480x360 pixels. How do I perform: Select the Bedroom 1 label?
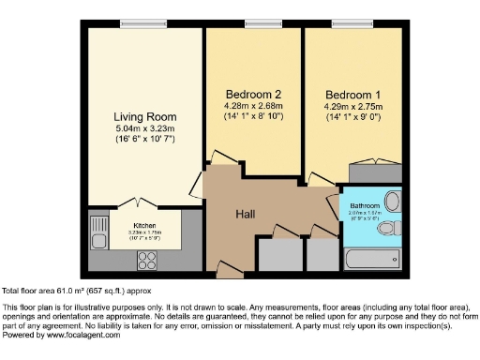pyautogui.click(x=352, y=95)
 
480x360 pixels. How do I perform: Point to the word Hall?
pyautogui.click(x=247, y=214)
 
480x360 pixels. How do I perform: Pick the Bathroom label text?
pyautogui.click(x=365, y=205)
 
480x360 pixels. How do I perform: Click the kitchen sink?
pyautogui.click(x=98, y=225)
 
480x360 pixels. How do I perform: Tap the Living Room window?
pyautogui.click(x=144, y=23)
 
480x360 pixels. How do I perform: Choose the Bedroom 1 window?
pyautogui.click(x=350, y=23)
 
